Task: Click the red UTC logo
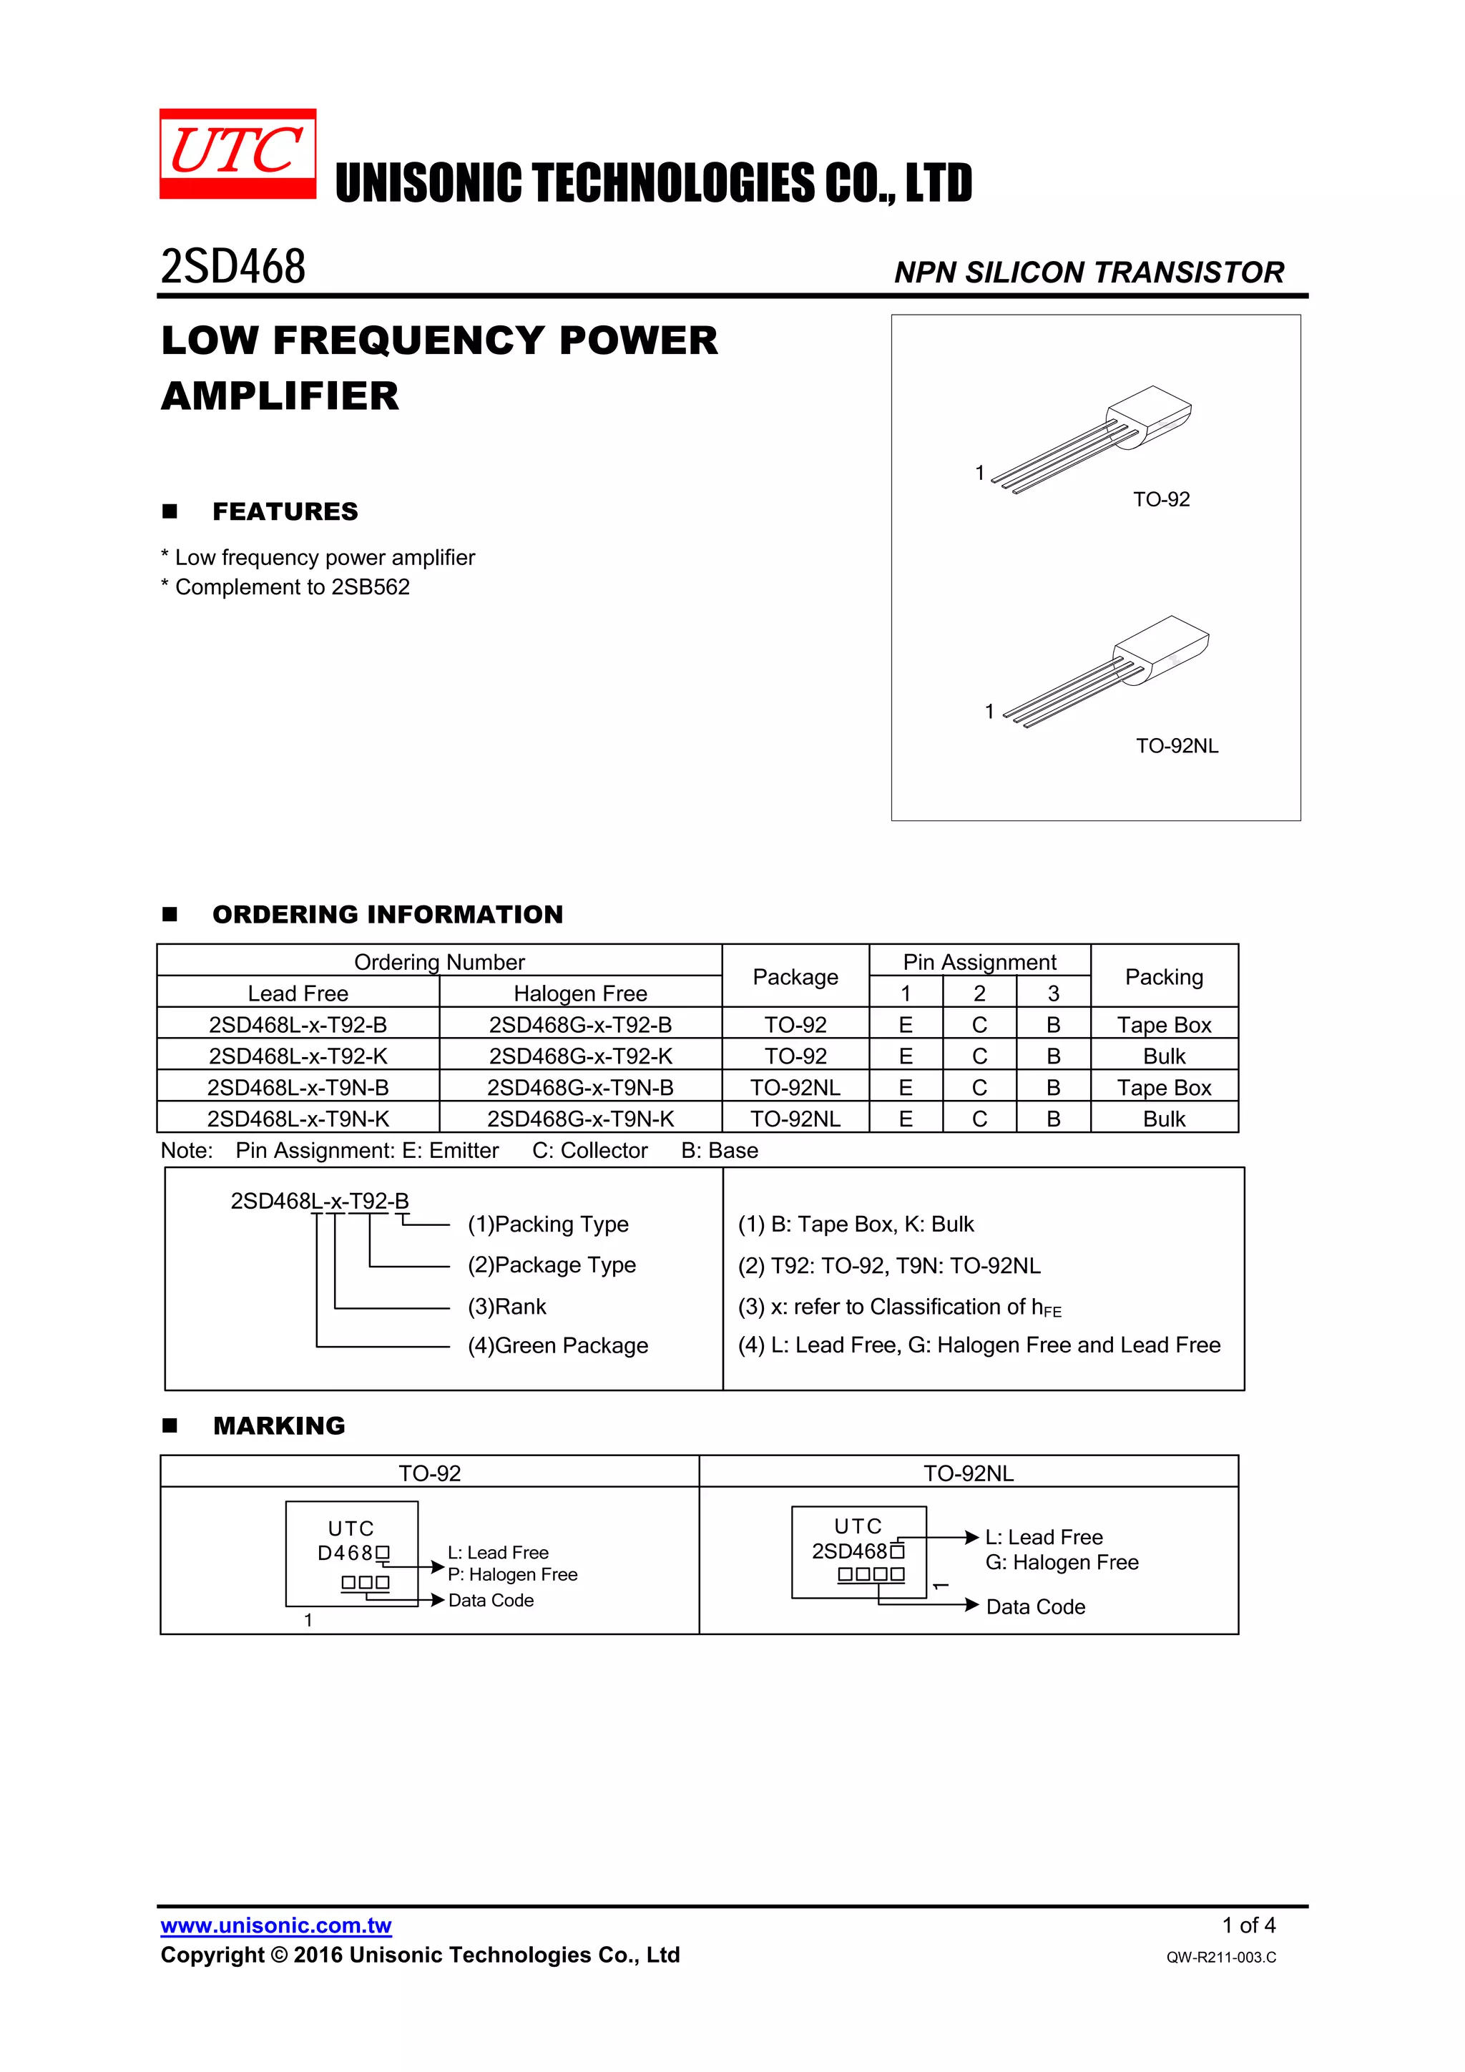[x=237, y=153]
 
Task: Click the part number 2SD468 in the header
[x=233, y=267]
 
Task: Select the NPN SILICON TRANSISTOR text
[x=1089, y=272]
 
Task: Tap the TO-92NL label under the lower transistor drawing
[x=1176, y=746]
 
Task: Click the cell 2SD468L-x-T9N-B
[x=298, y=1087]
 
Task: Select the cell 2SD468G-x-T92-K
[x=580, y=1056]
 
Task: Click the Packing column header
[x=1164, y=976]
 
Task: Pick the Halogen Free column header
[x=580, y=993]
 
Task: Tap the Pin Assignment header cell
[x=979, y=962]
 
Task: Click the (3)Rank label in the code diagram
[x=507, y=1307]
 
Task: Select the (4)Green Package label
[x=558, y=1345]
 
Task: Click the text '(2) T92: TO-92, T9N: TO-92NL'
[x=889, y=1266]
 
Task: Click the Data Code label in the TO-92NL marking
[x=1035, y=1607]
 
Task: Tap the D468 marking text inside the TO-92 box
[x=345, y=1553]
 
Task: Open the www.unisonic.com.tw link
[x=276, y=1926]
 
